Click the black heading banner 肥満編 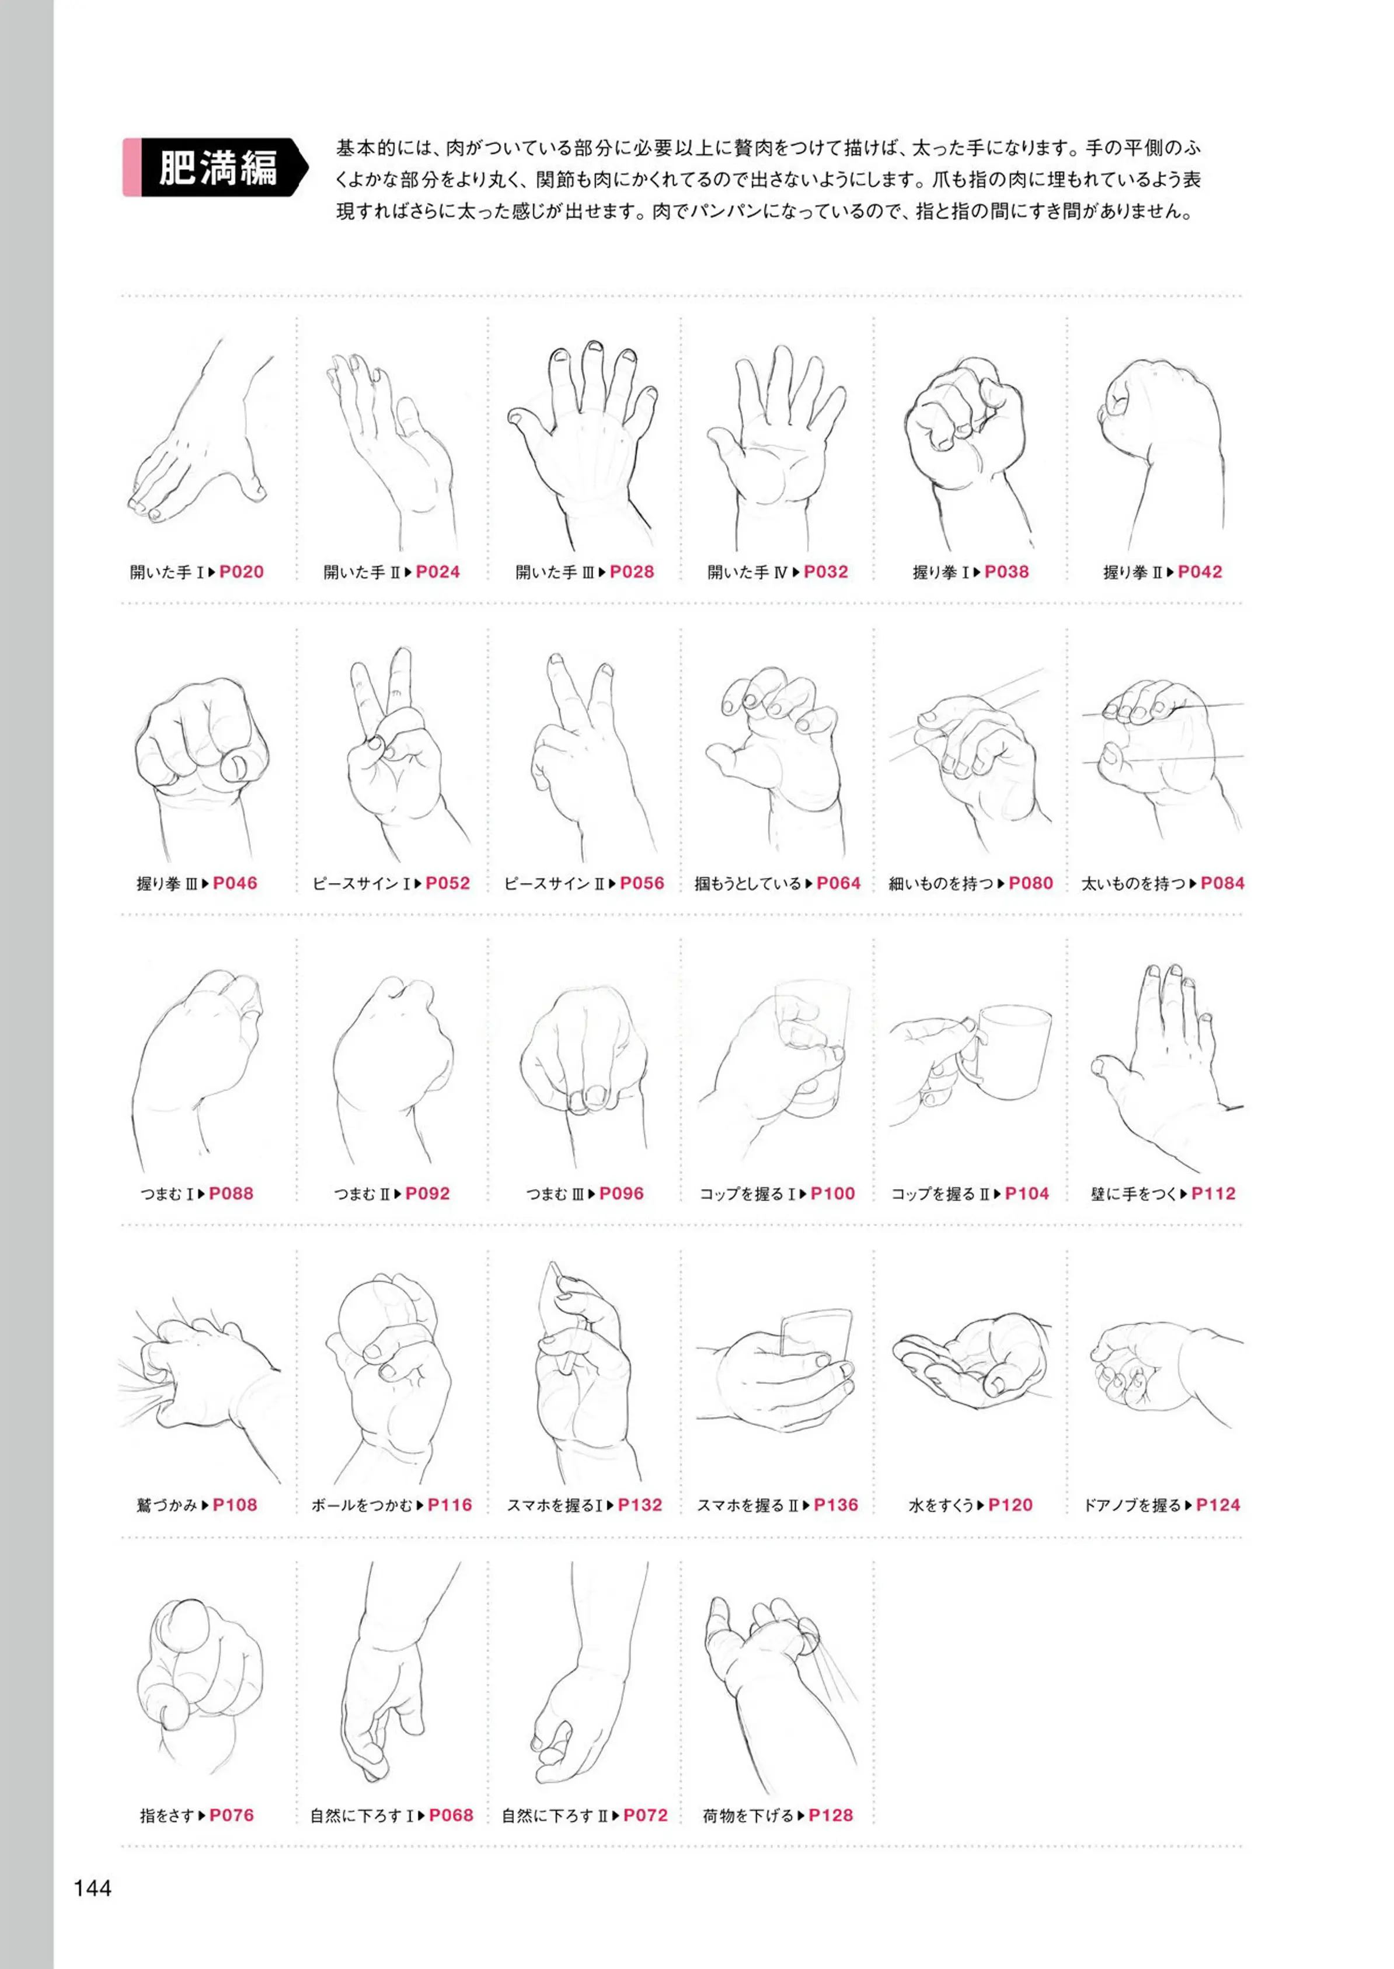pos(217,168)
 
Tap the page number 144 pos(93,1887)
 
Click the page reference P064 pos(839,883)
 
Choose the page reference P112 pos(1214,1193)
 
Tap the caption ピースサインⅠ pos(361,883)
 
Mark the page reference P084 pos(1222,883)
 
